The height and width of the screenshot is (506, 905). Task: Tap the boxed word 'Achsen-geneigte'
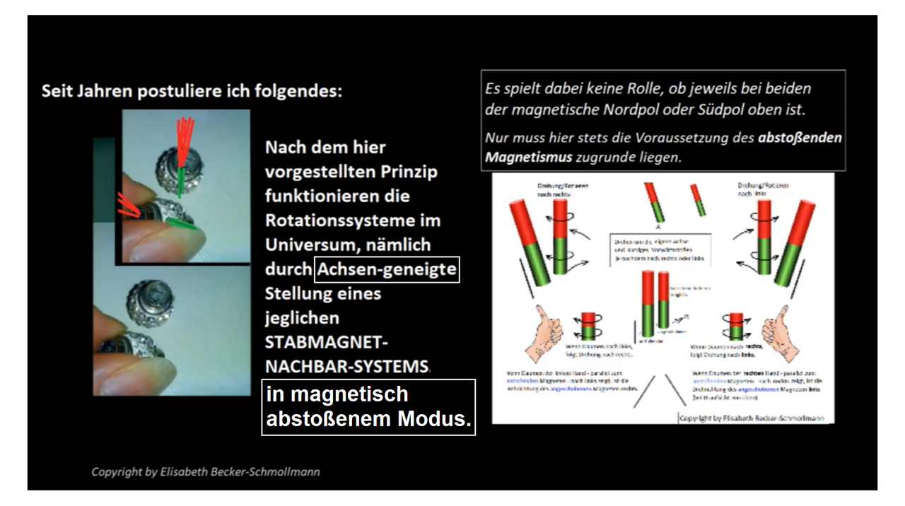(387, 269)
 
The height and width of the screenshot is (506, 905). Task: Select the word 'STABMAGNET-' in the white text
(326, 343)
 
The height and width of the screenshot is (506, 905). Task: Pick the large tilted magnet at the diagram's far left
(528, 242)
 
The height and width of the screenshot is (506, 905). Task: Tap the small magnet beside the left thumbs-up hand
(588, 326)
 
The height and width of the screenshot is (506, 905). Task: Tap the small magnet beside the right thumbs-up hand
(736, 326)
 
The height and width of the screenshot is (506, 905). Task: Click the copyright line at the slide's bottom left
(205, 471)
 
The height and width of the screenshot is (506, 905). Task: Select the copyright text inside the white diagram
(752, 418)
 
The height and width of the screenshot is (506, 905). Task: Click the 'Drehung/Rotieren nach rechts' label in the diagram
(563, 189)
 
